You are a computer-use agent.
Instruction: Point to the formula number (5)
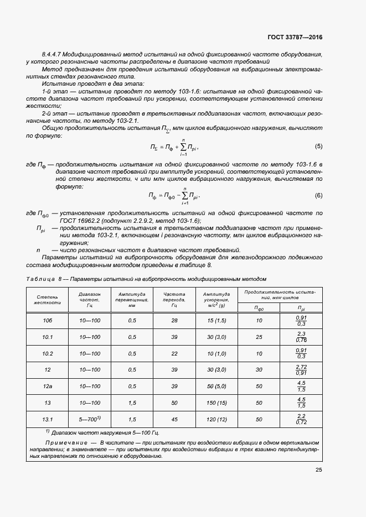pos(318,147)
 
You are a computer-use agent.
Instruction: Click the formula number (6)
pos(318,195)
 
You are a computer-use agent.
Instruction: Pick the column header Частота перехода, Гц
pos(174,299)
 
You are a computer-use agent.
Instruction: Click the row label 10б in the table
pos(48,321)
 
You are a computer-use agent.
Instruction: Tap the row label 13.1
pos(48,419)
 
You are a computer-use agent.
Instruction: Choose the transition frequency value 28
pos(174,321)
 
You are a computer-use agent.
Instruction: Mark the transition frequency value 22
pos(174,353)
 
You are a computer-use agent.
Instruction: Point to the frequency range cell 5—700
pos(89,419)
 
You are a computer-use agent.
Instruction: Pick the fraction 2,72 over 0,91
pos(302,370)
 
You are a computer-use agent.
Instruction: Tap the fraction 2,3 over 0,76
pos(302,337)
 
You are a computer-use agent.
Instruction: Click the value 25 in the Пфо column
pos(259,337)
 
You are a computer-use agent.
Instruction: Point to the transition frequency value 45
pos(174,419)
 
